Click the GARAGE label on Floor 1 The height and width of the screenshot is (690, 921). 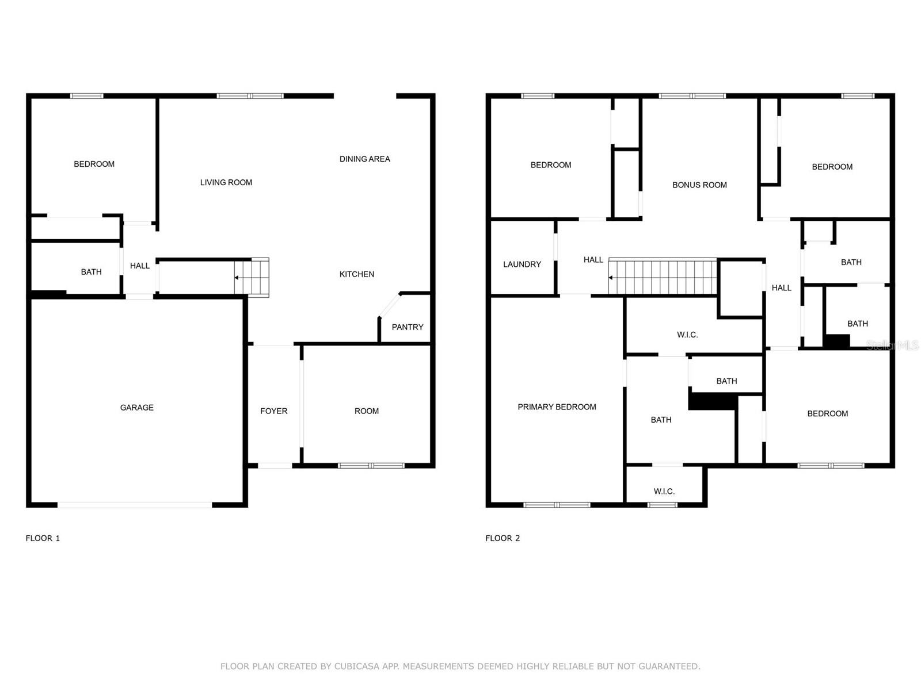pyautogui.click(x=136, y=407)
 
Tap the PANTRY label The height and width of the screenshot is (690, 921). pyautogui.click(x=407, y=327)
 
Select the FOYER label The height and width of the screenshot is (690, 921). pyautogui.click(x=273, y=411)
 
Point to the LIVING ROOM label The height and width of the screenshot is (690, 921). pyautogui.click(x=226, y=182)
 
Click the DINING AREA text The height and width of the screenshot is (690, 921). pyautogui.click(x=364, y=159)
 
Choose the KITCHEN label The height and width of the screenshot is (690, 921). pyautogui.click(x=356, y=274)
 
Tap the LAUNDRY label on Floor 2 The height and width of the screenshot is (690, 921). pyautogui.click(x=522, y=264)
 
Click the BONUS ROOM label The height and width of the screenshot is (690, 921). pyautogui.click(x=699, y=185)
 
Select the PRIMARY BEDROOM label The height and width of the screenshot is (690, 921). pyautogui.click(x=557, y=407)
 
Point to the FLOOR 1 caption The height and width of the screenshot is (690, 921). pyautogui.click(x=43, y=538)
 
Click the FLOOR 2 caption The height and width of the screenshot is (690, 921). pyautogui.click(x=503, y=538)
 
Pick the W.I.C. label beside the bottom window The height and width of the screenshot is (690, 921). pyautogui.click(x=664, y=491)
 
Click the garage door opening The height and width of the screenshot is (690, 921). pyautogui.click(x=134, y=505)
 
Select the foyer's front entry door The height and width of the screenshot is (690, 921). pyautogui.click(x=275, y=465)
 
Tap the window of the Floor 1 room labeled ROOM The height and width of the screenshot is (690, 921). pyautogui.click(x=371, y=465)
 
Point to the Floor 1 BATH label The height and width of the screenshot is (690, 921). pyautogui.click(x=91, y=272)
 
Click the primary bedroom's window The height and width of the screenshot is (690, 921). pyautogui.click(x=557, y=505)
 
